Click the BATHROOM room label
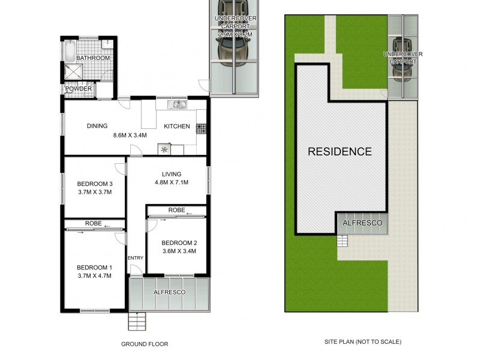tap(93, 58)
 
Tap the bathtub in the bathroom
tap(70, 51)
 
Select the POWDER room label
tap(79, 89)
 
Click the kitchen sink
tap(178, 105)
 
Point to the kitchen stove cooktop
tap(201, 128)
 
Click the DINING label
tap(97, 126)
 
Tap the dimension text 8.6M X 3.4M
tap(130, 135)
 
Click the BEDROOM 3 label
tap(95, 184)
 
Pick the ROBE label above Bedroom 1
tap(93, 223)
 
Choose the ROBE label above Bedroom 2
tap(176, 211)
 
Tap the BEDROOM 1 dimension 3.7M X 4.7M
tap(95, 275)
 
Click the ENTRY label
tap(136, 258)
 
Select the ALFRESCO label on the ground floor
tap(169, 292)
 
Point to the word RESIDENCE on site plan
tap(340, 151)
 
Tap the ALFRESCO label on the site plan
tap(362, 223)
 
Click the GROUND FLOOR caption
tap(145, 344)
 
